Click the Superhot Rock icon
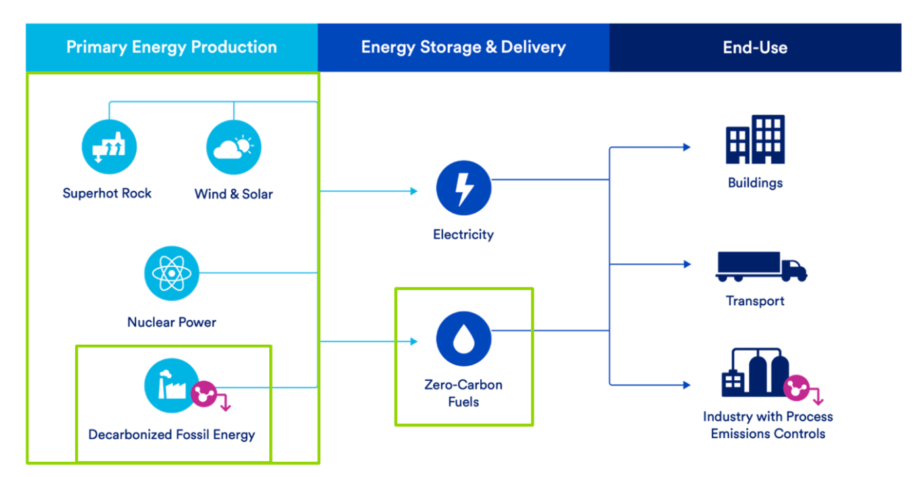click(x=109, y=147)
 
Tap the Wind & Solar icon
click(x=234, y=147)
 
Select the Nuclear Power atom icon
click(x=172, y=273)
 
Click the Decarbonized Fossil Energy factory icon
click(x=172, y=386)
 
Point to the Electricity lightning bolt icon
click(x=464, y=188)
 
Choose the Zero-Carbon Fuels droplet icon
click(x=464, y=338)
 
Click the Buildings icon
click(x=755, y=139)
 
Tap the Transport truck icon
click(x=761, y=266)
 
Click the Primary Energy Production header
click(x=172, y=47)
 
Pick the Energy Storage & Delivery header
click(x=464, y=47)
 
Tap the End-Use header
click(x=755, y=47)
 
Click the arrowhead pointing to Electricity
click(x=414, y=191)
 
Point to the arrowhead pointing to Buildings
click(x=686, y=147)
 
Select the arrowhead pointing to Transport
click(x=686, y=264)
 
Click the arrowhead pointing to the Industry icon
click(x=686, y=385)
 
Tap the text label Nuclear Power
click(x=172, y=322)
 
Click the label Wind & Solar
click(x=234, y=193)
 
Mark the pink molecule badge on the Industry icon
click(x=796, y=388)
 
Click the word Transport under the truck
click(x=755, y=301)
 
